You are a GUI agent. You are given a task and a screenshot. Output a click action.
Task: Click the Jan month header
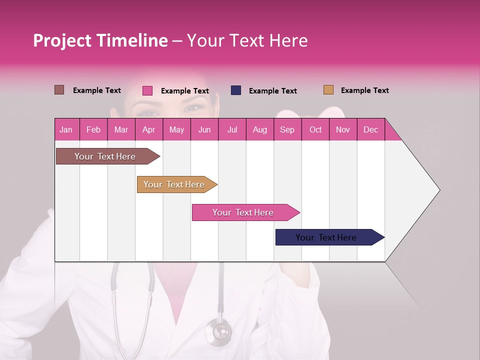[66, 129]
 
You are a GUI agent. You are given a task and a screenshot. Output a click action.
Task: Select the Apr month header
[148, 129]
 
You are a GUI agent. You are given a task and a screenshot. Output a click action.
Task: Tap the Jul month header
[232, 129]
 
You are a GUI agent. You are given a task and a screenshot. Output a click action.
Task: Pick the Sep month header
[287, 129]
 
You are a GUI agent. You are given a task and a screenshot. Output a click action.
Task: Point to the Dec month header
[370, 129]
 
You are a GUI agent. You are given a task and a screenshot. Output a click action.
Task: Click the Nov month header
[342, 129]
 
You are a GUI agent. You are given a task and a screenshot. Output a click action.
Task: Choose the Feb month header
[93, 129]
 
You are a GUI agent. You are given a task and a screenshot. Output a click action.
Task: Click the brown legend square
[59, 90]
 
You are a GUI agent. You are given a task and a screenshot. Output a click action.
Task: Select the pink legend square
[147, 90]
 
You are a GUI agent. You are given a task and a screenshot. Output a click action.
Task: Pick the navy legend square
[236, 90]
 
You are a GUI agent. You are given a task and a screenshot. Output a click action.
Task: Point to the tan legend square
[328, 90]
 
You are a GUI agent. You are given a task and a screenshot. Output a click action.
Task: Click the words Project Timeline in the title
[100, 40]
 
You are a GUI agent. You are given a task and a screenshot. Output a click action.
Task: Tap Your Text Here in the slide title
[247, 40]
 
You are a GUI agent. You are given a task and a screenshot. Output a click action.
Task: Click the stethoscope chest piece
[218, 330]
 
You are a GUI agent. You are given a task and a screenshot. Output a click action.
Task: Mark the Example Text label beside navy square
[272, 91]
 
